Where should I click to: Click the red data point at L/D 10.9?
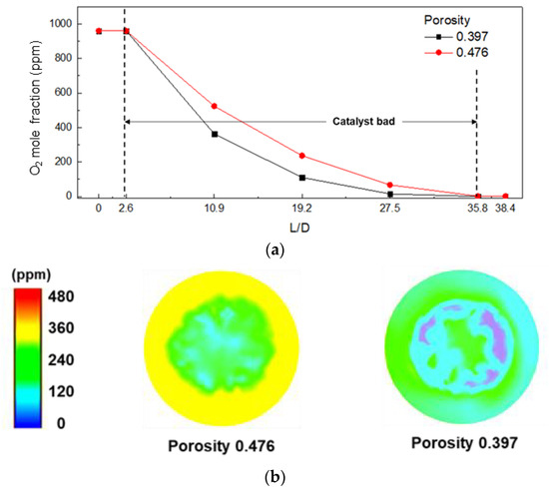point(215,106)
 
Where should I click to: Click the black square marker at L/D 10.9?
point(215,134)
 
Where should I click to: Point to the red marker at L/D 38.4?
point(505,196)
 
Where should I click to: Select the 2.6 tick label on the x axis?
point(125,212)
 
